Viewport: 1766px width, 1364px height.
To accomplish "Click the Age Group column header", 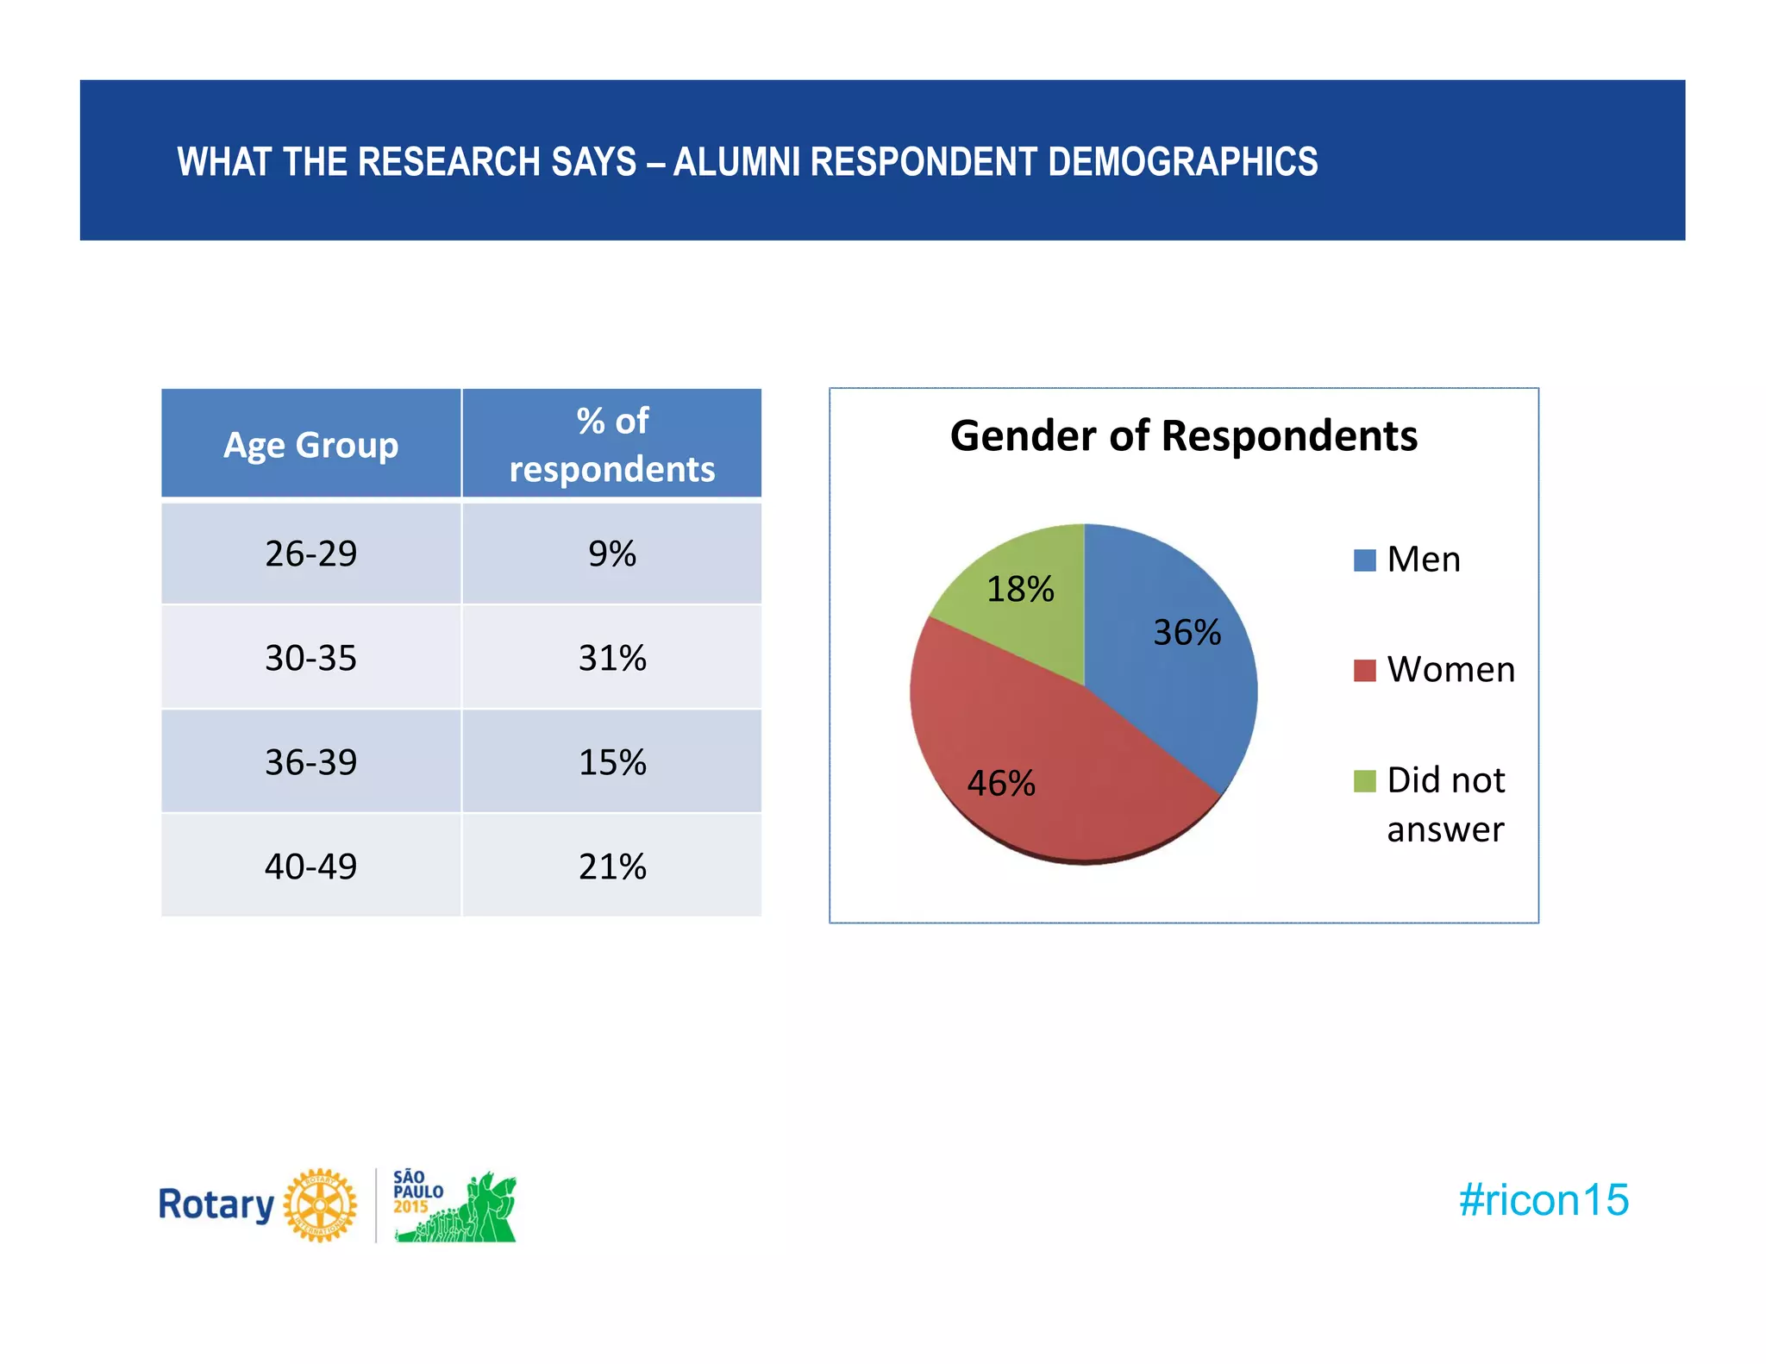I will pyautogui.click(x=310, y=445).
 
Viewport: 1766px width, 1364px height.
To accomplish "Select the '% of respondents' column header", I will pyautogui.click(x=611, y=445).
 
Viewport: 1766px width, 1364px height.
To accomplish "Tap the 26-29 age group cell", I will pyautogui.click(x=310, y=554).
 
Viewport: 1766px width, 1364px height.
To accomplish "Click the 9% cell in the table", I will pyautogui.click(x=611, y=554).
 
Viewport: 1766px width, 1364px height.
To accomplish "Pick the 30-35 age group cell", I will pyautogui.click(x=310, y=658).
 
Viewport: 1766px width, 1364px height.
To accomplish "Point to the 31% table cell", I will pyautogui.click(x=611, y=658).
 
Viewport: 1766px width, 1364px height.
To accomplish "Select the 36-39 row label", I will pyautogui.click(x=310, y=762).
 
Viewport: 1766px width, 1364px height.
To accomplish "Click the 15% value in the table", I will pyautogui.click(x=611, y=762).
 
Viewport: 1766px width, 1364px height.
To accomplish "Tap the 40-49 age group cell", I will pyautogui.click(x=310, y=867).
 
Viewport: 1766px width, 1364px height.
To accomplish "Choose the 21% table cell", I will pyautogui.click(x=611, y=867).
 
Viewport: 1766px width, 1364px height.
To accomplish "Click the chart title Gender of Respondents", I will pyautogui.click(x=1183, y=436).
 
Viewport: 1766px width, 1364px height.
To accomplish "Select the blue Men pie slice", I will pyautogui.click(x=1173, y=655).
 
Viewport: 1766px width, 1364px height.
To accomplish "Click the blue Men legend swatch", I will pyautogui.click(x=1364, y=560).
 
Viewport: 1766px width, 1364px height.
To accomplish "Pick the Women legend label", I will pyautogui.click(x=1450, y=670).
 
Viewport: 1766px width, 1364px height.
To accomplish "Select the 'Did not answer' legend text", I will pyautogui.click(x=1445, y=804).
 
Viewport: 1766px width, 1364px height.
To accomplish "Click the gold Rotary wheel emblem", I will pyautogui.click(x=320, y=1205).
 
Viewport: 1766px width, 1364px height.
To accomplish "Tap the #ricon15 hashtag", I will pyautogui.click(x=1543, y=1200).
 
